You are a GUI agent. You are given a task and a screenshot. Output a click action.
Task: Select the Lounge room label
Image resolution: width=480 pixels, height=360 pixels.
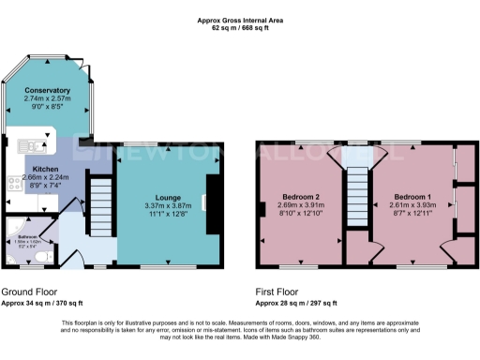[168, 198]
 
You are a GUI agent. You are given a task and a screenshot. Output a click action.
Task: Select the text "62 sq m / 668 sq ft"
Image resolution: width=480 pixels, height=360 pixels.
[240, 28]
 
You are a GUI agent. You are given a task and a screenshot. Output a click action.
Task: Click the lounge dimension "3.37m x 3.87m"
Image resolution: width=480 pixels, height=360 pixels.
[168, 206]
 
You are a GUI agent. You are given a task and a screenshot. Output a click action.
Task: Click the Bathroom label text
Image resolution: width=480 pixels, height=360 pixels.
[27, 235]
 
